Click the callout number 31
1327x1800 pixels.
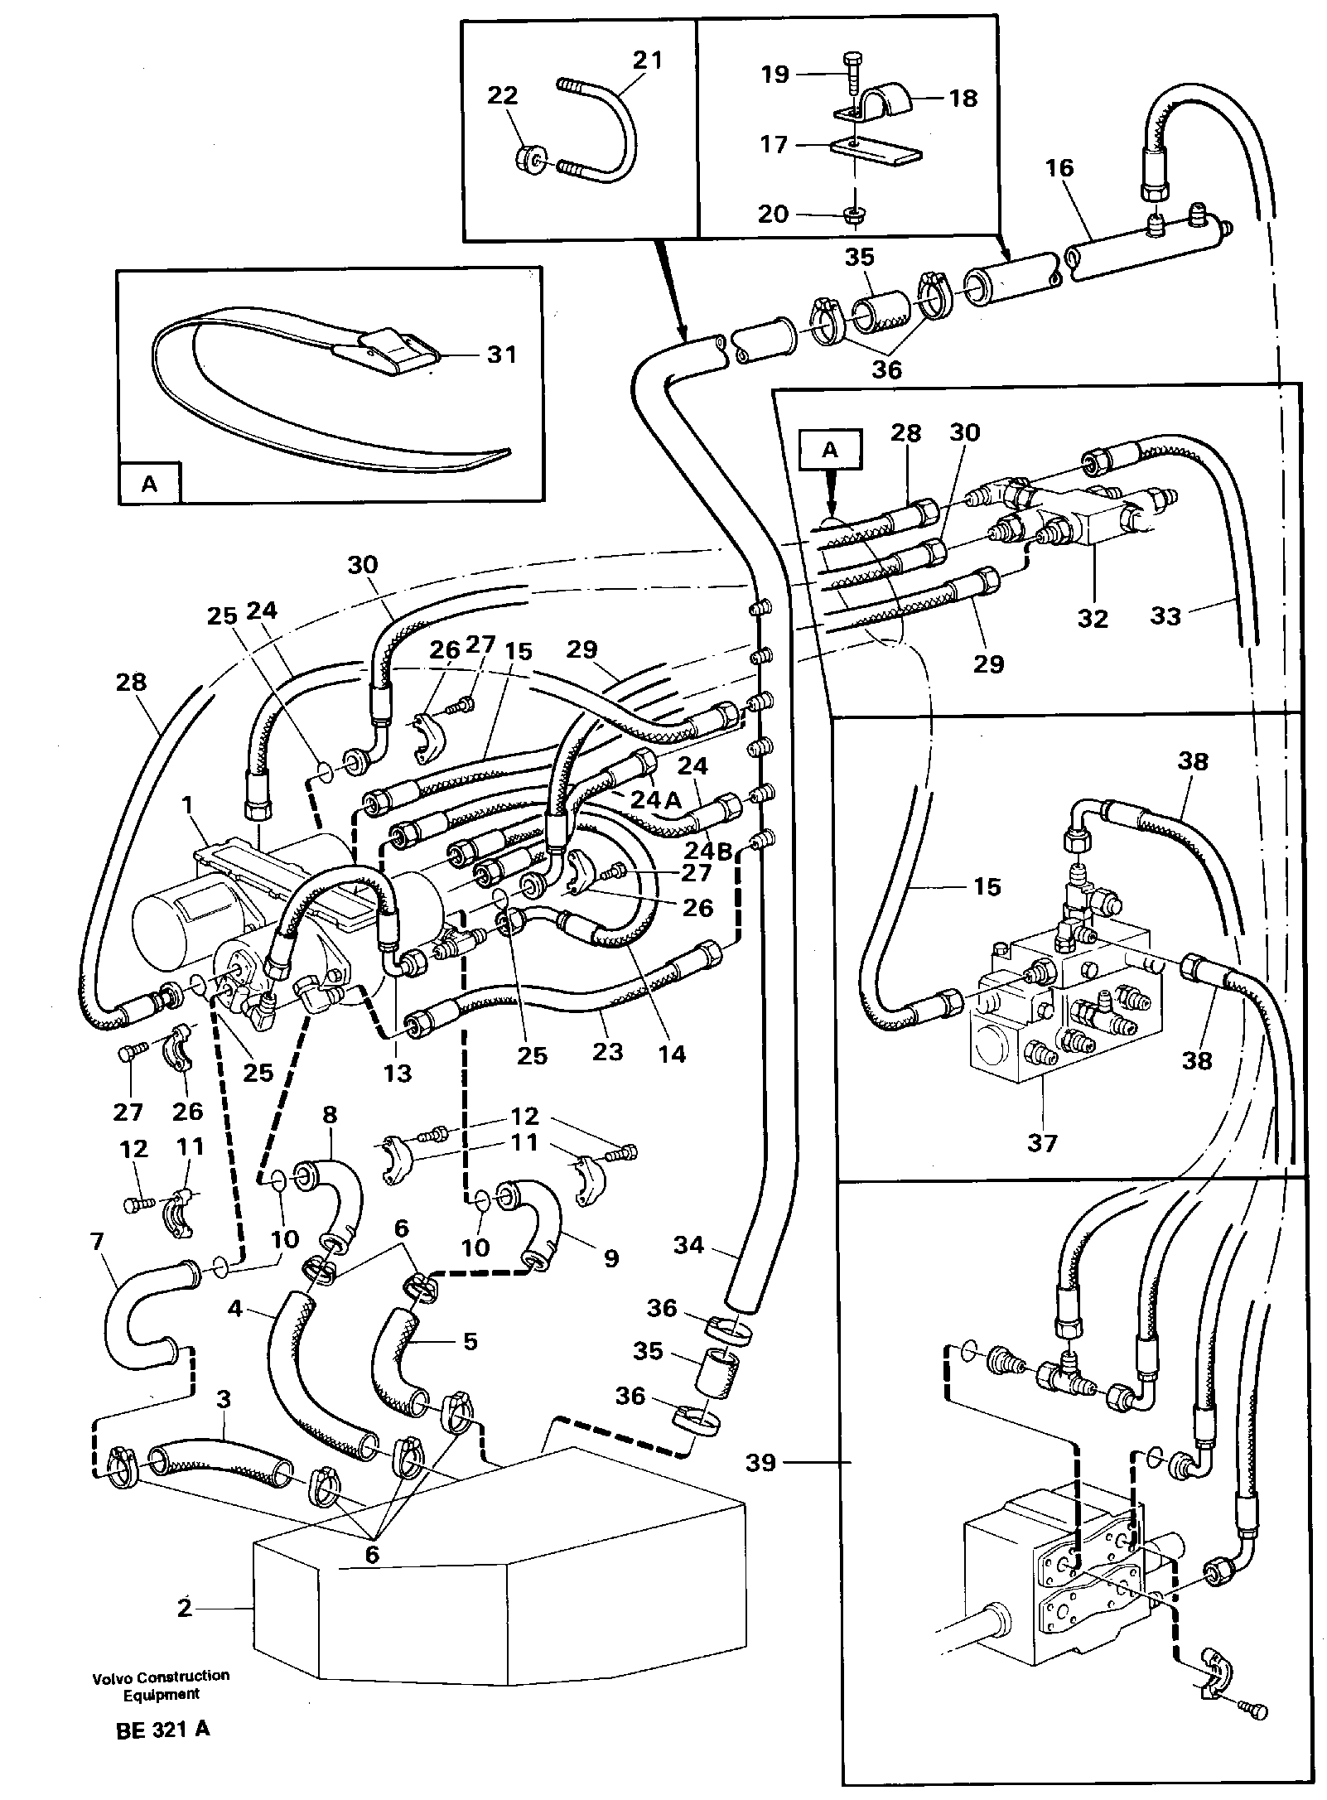click(501, 355)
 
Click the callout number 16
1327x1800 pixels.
click(1059, 168)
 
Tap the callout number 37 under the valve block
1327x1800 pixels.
click(1042, 1143)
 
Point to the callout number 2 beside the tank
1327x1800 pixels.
click(185, 1608)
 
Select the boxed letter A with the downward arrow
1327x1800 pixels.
click(830, 449)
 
